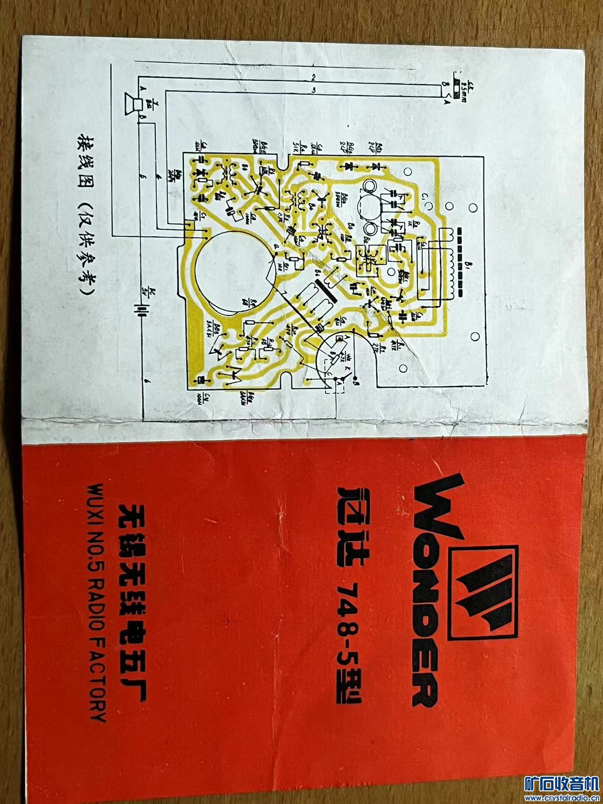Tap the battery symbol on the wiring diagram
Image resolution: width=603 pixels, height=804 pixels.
point(140,311)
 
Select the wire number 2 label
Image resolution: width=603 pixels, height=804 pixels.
point(313,77)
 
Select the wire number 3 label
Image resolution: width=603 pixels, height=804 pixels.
point(313,90)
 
